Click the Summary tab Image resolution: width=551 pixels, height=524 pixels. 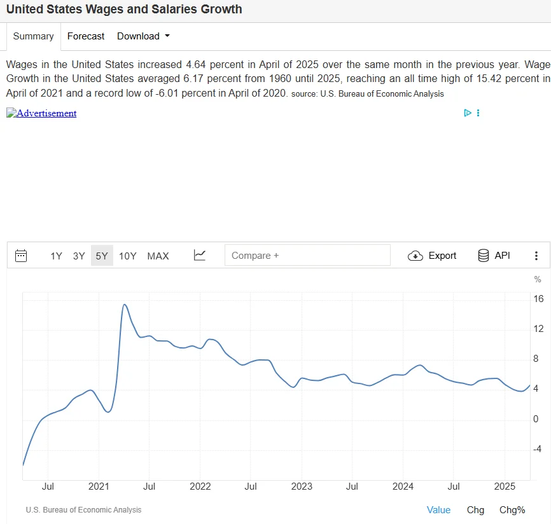[33, 36]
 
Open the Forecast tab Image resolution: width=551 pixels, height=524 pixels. [86, 36]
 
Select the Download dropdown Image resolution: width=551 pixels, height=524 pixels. [143, 36]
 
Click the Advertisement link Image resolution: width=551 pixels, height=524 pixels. [41, 113]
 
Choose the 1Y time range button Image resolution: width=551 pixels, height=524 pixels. [57, 256]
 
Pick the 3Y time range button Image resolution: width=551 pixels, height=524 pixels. [79, 256]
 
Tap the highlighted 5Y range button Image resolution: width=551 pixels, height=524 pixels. [102, 256]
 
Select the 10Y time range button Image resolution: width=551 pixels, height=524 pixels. [128, 256]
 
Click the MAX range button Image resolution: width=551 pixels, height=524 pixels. [158, 256]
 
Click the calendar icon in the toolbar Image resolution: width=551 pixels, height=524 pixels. [21, 256]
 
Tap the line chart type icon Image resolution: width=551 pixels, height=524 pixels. [200, 255]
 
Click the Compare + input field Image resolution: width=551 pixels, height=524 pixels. [307, 256]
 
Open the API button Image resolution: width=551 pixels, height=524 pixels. [494, 256]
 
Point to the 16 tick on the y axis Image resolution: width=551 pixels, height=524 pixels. [538, 299]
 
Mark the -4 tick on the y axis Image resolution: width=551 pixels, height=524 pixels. [538, 449]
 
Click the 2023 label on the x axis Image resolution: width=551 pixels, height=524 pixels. [302, 487]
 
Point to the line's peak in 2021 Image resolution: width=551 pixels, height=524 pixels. [125, 305]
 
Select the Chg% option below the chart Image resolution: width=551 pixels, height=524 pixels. [512, 510]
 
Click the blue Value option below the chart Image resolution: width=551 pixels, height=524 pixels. [438, 510]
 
